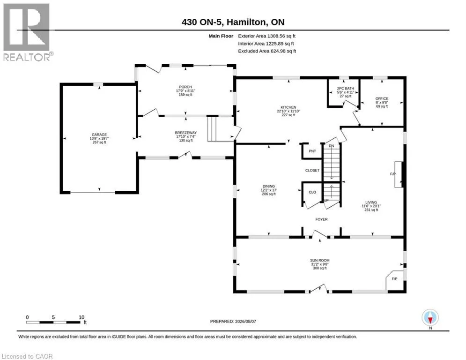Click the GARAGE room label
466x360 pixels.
click(x=99, y=135)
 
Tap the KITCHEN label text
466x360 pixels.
click(x=288, y=107)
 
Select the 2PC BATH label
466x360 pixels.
click(x=345, y=89)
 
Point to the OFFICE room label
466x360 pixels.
click(x=382, y=98)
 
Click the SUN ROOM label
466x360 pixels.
click(x=320, y=260)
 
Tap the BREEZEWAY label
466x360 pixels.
click(x=186, y=133)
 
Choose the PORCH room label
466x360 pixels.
click(x=185, y=87)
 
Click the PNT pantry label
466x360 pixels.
click(x=312, y=151)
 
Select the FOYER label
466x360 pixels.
click(x=321, y=219)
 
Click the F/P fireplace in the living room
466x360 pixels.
click(x=393, y=174)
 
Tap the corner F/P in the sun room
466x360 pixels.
click(x=394, y=279)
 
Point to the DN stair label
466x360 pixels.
click(x=332, y=146)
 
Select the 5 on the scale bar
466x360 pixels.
click(x=53, y=317)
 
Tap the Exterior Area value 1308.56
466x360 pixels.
click(x=276, y=36)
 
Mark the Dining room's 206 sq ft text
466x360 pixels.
click(x=269, y=194)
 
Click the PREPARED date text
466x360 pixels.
click(x=233, y=321)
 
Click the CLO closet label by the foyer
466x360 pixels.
click(x=312, y=192)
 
